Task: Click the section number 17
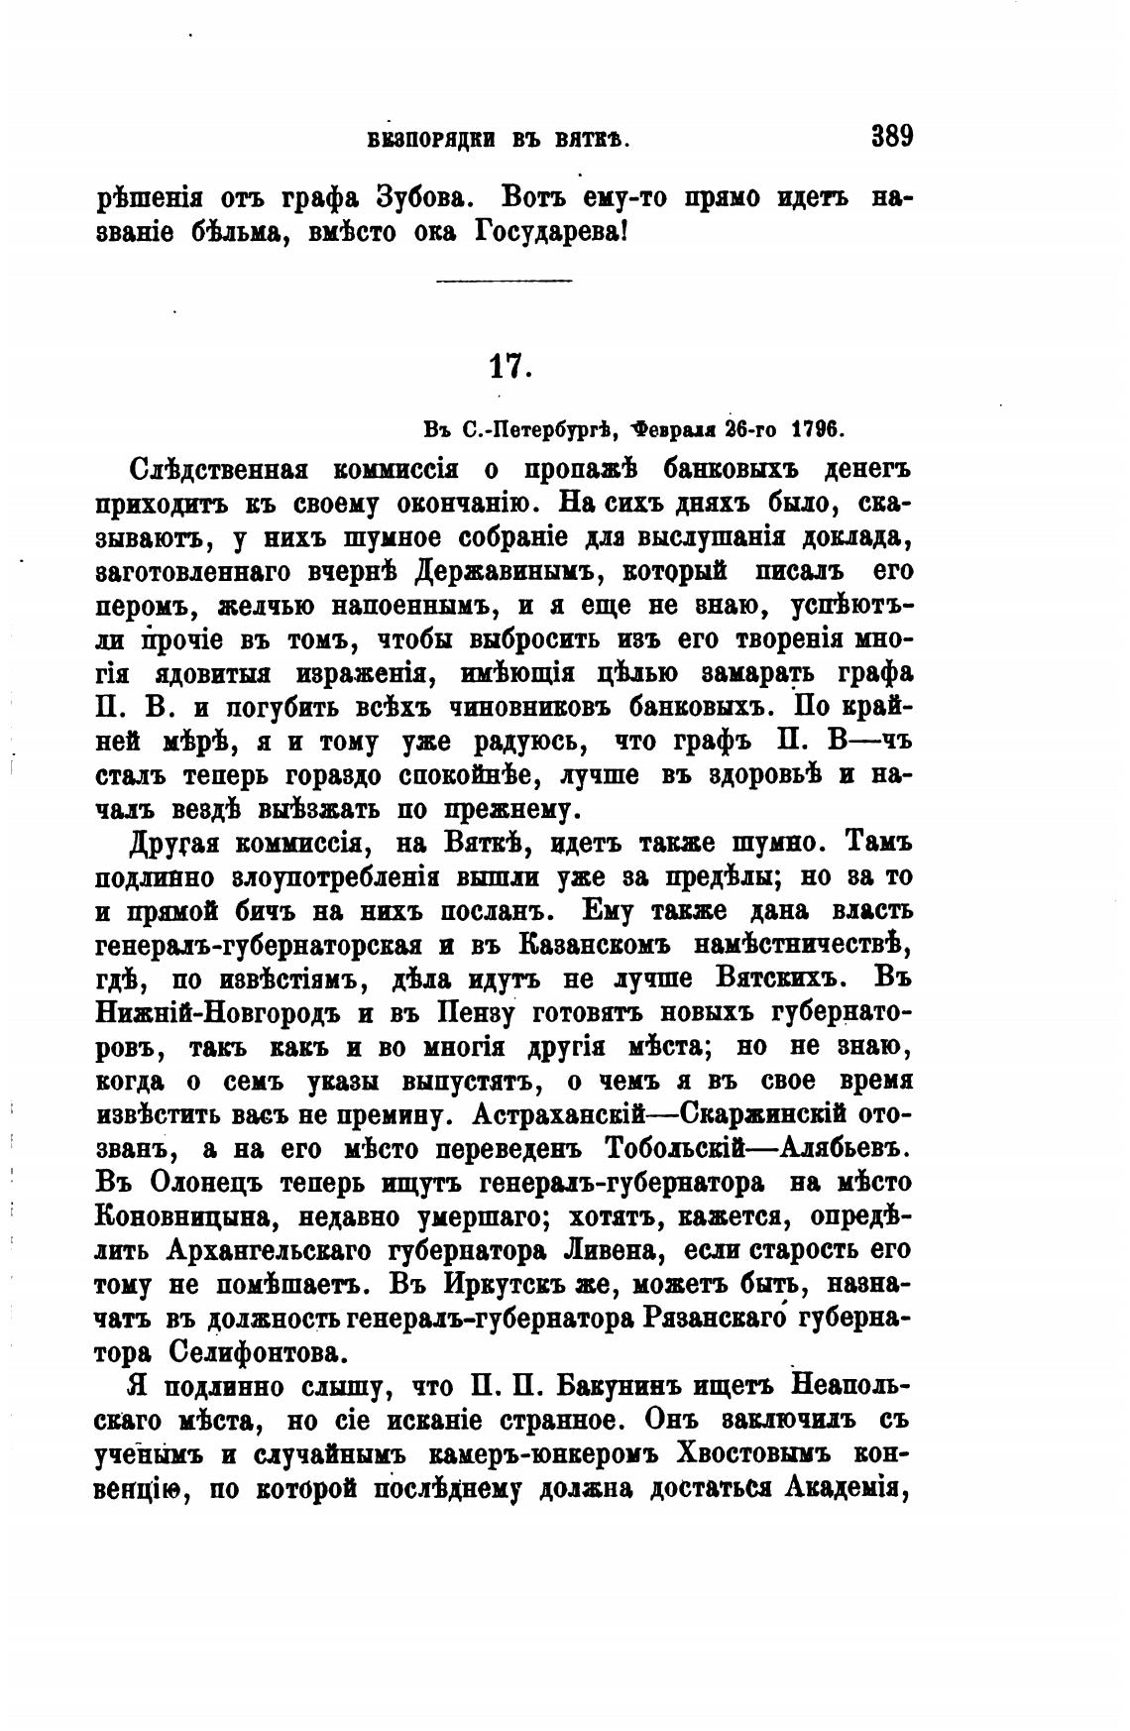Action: [x=510, y=367]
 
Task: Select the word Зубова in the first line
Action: [x=414, y=197]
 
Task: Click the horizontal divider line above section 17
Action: [x=505, y=283]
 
